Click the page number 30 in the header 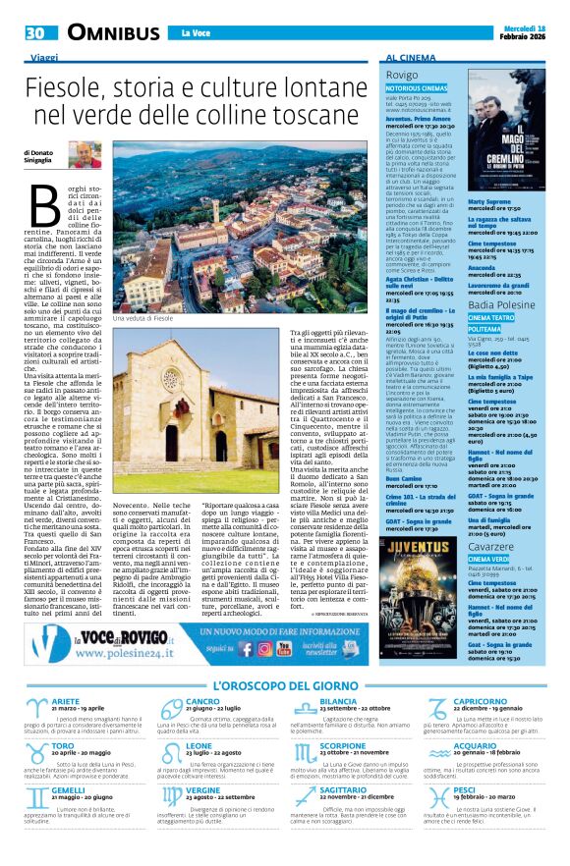pyautogui.click(x=35, y=32)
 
